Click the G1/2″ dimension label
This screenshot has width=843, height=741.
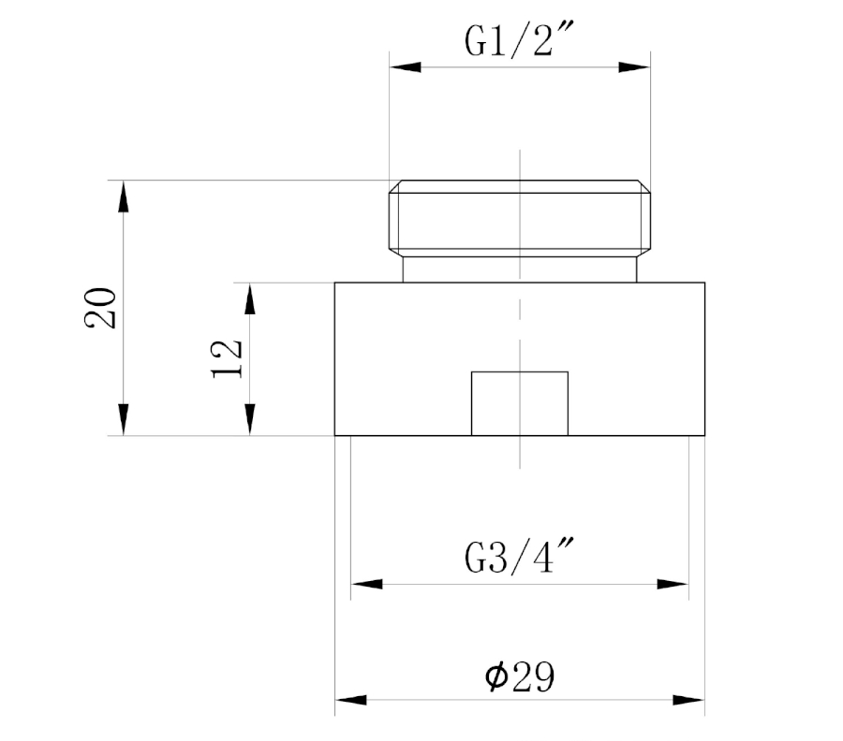(x=519, y=39)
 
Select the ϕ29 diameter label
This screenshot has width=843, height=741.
(x=519, y=677)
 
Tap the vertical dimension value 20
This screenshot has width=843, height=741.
(x=100, y=308)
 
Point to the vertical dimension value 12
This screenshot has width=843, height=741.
(x=227, y=358)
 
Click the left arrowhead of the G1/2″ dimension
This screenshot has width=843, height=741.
(x=406, y=67)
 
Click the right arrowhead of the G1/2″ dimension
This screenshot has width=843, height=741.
(x=634, y=67)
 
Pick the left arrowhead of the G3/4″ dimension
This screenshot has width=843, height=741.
(x=366, y=584)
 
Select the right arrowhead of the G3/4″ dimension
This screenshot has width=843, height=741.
(x=673, y=584)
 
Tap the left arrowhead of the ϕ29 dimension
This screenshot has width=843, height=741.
(x=351, y=700)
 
